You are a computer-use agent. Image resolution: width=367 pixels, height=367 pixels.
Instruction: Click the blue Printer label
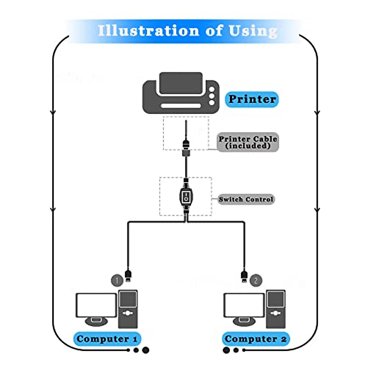click(252, 99)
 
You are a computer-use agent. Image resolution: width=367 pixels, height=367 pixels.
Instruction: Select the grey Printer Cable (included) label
click(248, 142)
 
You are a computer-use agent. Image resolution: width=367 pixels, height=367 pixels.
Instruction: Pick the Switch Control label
click(246, 199)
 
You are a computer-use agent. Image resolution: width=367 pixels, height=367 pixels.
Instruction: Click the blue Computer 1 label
click(107, 339)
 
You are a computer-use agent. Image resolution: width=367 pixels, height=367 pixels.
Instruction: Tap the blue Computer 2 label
click(255, 339)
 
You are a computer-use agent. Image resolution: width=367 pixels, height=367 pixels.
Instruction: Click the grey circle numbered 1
click(117, 280)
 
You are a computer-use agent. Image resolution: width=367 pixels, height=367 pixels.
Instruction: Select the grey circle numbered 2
click(256, 280)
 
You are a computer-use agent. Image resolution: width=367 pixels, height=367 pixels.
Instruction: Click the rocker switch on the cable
click(186, 197)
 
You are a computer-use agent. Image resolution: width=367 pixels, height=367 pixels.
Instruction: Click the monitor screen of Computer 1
click(96, 305)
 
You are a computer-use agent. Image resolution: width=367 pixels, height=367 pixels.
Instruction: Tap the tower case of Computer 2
click(276, 309)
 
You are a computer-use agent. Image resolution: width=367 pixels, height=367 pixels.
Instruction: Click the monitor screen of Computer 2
click(244, 305)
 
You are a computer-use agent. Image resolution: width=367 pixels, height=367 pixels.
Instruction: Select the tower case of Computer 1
click(128, 309)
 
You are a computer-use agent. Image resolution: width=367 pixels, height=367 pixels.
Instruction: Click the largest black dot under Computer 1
click(146, 350)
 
